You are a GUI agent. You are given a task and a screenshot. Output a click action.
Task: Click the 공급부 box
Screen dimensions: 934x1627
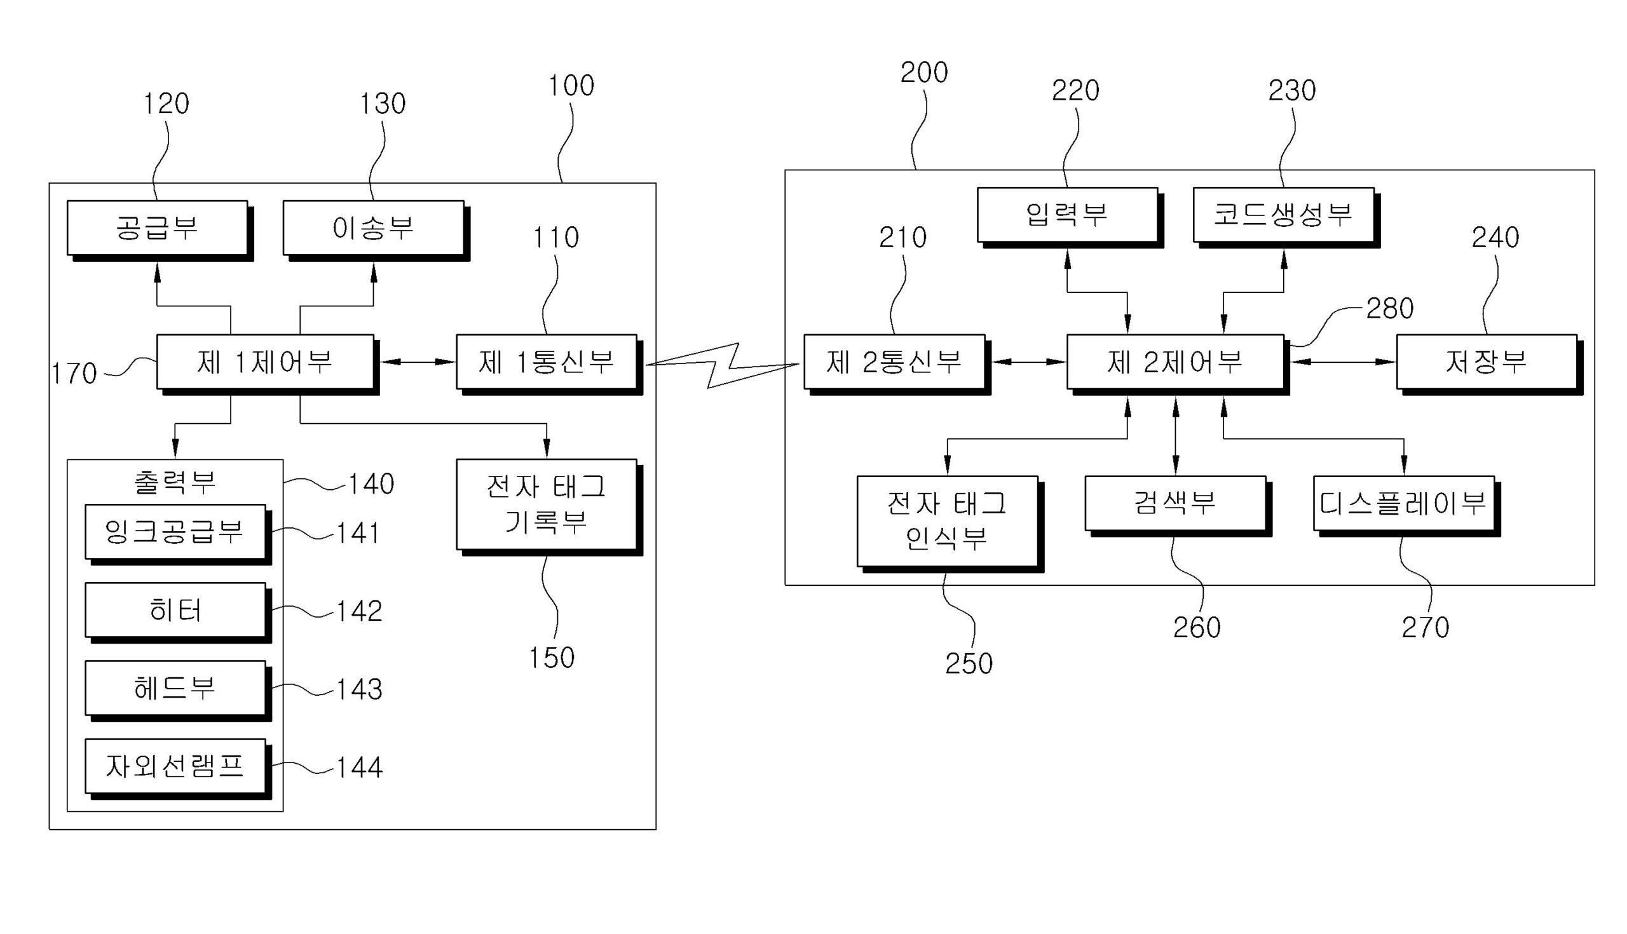coord(157,228)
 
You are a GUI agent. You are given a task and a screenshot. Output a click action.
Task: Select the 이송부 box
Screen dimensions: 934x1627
coord(374,228)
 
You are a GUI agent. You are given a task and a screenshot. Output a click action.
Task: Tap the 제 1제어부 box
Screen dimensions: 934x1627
coord(265,362)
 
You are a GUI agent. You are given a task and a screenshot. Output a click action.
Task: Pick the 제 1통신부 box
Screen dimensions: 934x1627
coord(547,362)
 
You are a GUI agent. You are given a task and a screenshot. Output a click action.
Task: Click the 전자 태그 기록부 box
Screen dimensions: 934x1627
coord(547,504)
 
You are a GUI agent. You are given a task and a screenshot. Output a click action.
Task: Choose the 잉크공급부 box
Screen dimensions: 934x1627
coord(175,532)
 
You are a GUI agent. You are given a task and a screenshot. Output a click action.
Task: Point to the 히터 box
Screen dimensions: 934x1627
coord(175,610)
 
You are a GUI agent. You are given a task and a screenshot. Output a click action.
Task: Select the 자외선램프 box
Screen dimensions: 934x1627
coord(175,766)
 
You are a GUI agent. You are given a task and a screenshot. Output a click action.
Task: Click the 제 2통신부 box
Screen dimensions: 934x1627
coord(894,362)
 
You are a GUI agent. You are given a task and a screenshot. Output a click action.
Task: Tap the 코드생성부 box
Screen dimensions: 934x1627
coord(1283,215)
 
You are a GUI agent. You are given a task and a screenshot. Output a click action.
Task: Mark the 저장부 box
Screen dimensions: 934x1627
coord(1487,362)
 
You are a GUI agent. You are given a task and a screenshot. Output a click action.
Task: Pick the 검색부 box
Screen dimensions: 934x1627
coord(1175,503)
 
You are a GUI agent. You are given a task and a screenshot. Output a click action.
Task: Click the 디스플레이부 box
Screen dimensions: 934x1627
coord(1404,504)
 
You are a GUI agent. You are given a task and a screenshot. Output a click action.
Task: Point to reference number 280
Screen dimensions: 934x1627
coord(1389,309)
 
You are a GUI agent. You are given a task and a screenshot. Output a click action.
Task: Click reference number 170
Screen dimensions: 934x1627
coord(74,374)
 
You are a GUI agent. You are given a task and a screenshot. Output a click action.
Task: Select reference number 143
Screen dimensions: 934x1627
coord(359,689)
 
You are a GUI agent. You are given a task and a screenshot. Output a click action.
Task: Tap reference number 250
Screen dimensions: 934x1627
coord(969,663)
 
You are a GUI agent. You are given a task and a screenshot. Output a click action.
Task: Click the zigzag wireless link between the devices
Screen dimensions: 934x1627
coord(722,365)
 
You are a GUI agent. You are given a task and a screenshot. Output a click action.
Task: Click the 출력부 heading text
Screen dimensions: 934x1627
coord(175,482)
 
